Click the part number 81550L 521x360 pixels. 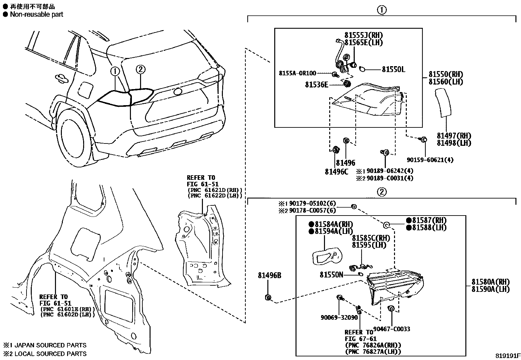pyautogui.click(x=393, y=69)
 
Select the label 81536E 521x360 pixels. pyautogui.click(x=316, y=85)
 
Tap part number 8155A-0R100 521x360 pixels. pyautogui.click(x=297, y=73)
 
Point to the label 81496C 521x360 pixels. pyautogui.click(x=336, y=171)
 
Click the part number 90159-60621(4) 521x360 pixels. pyautogui.click(x=430, y=160)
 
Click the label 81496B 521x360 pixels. pyautogui.click(x=269, y=275)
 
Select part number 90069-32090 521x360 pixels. pyautogui.click(x=339, y=317)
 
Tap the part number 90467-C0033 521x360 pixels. pyautogui.click(x=391, y=329)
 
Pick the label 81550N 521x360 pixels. pyautogui.click(x=331, y=275)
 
